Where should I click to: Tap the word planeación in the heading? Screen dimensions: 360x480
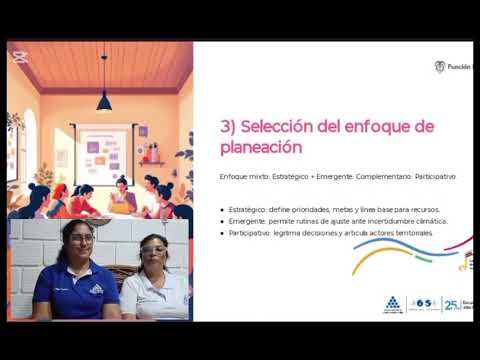[x=261, y=146]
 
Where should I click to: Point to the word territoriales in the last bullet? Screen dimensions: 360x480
[x=413, y=233]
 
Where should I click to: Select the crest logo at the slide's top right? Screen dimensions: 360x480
[x=439, y=67]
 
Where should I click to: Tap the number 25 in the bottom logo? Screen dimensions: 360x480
[x=449, y=303]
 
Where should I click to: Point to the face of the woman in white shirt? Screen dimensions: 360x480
[x=153, y=252]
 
